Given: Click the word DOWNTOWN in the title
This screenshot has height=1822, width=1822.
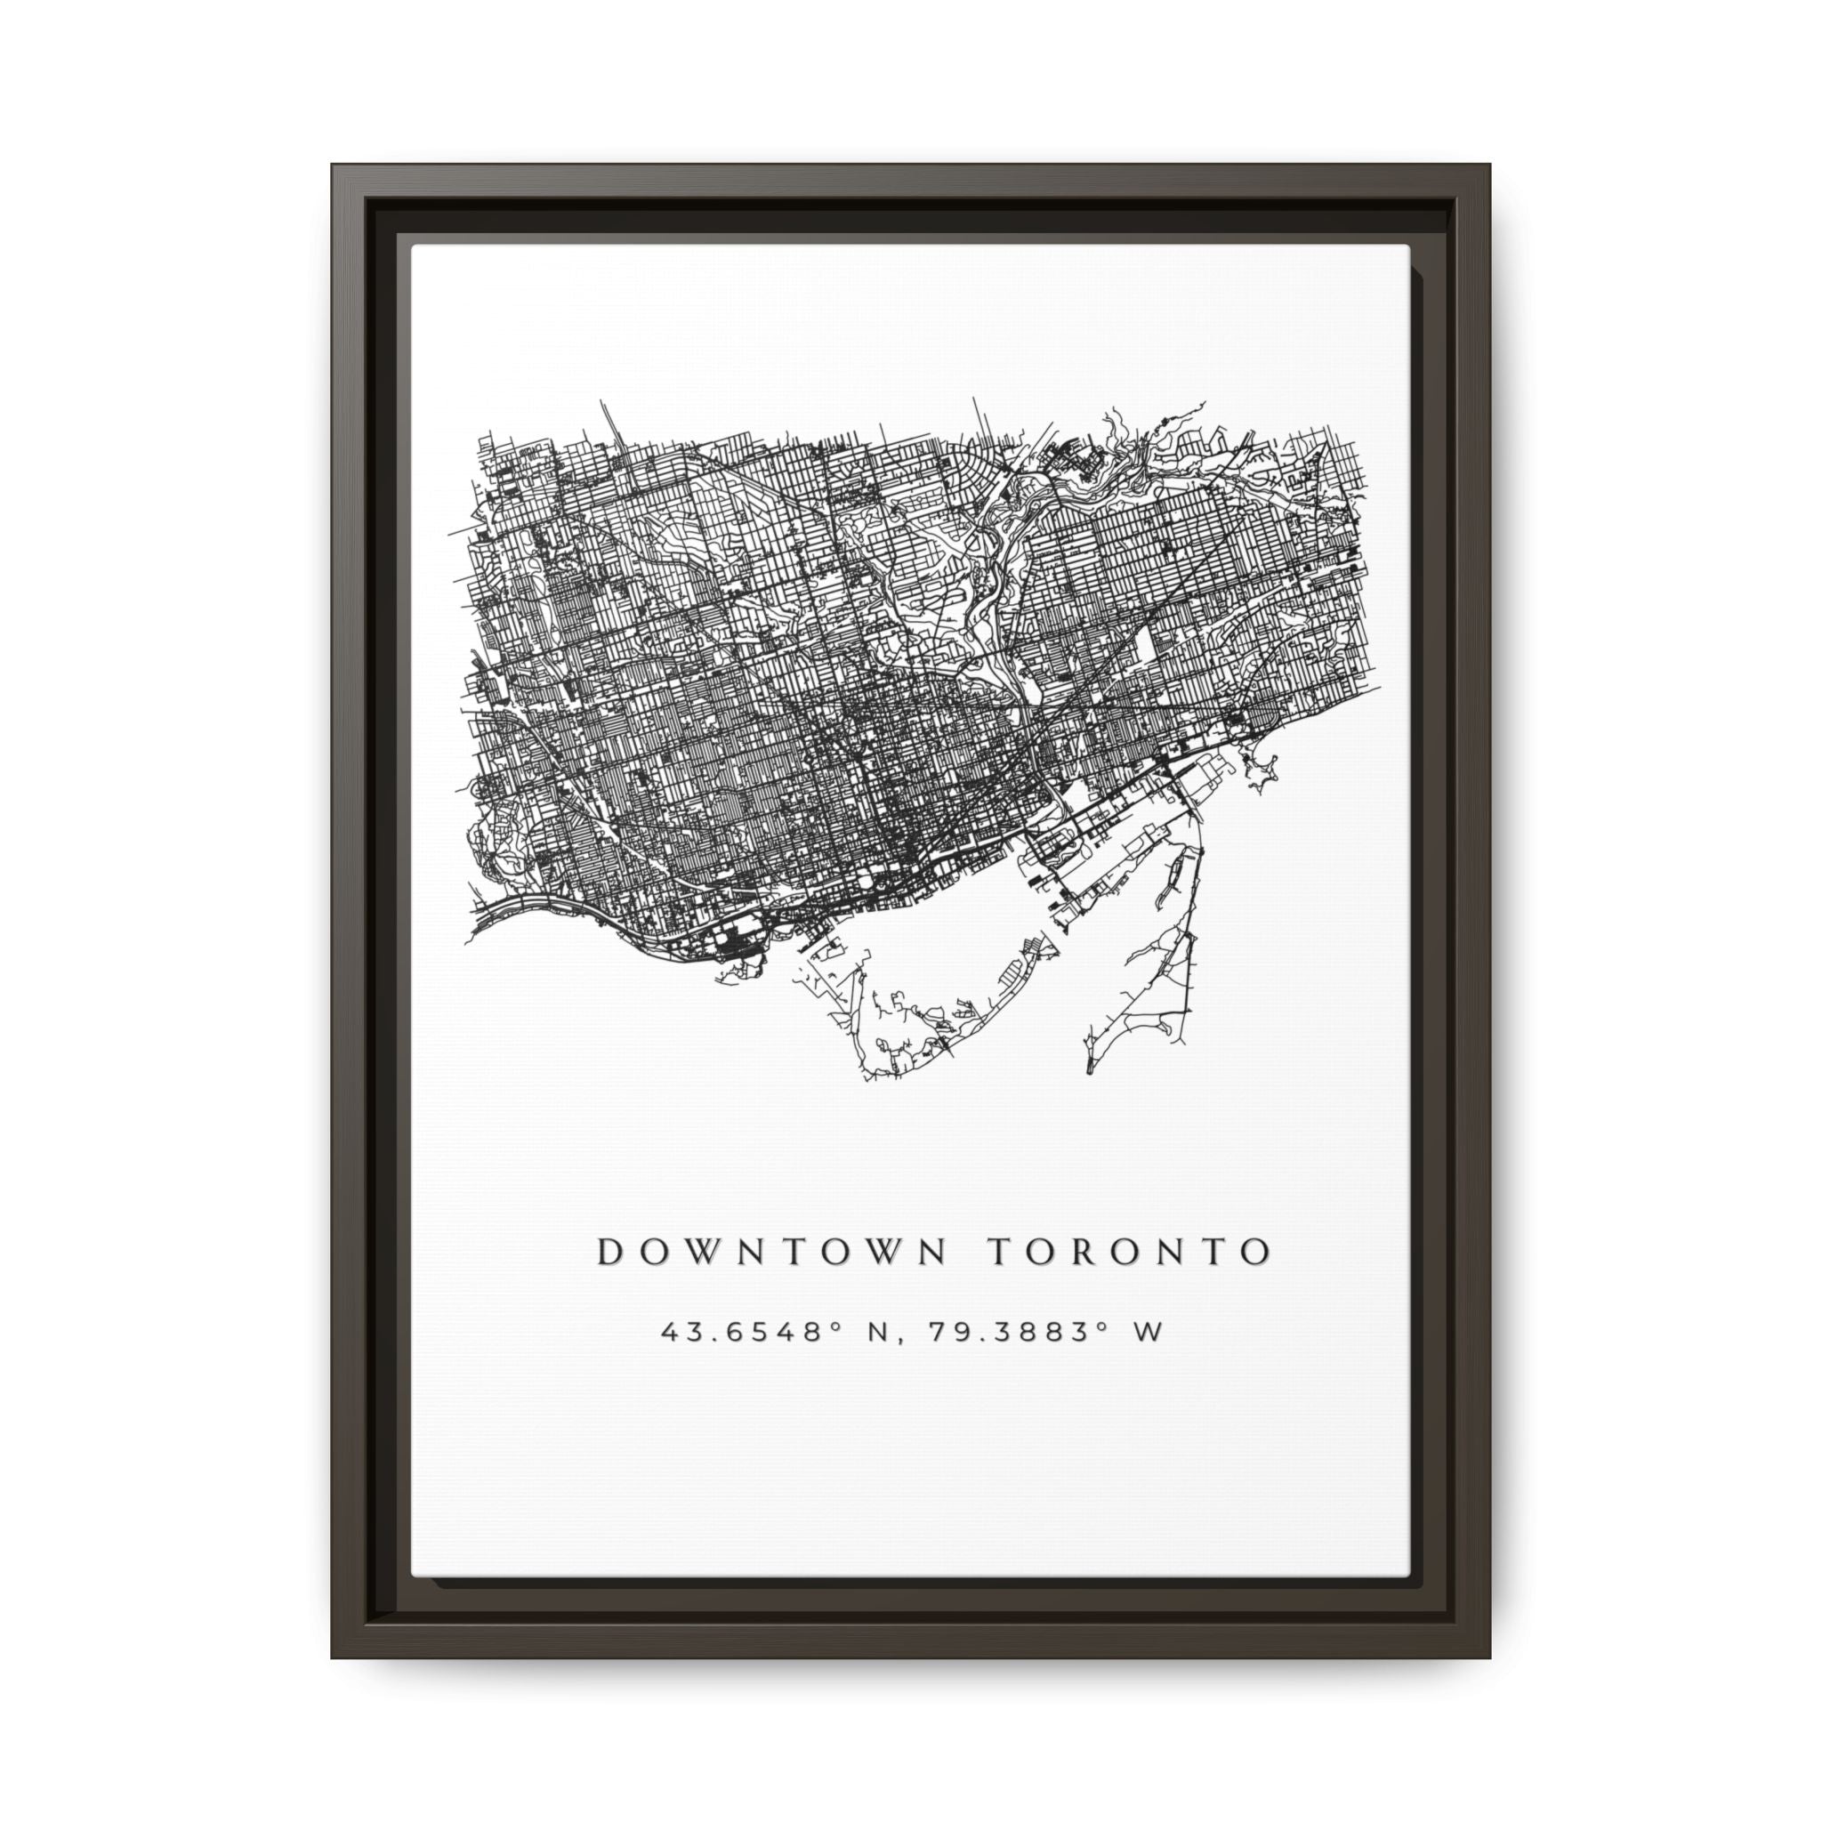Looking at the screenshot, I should (x=770, y=1252).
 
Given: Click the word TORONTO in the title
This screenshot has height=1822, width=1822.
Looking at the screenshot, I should (x=1129, y=1252).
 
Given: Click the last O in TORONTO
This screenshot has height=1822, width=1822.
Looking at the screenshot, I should (x=1255, y=1252).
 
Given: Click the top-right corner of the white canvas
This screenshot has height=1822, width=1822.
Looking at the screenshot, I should (x=1409, y=247).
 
